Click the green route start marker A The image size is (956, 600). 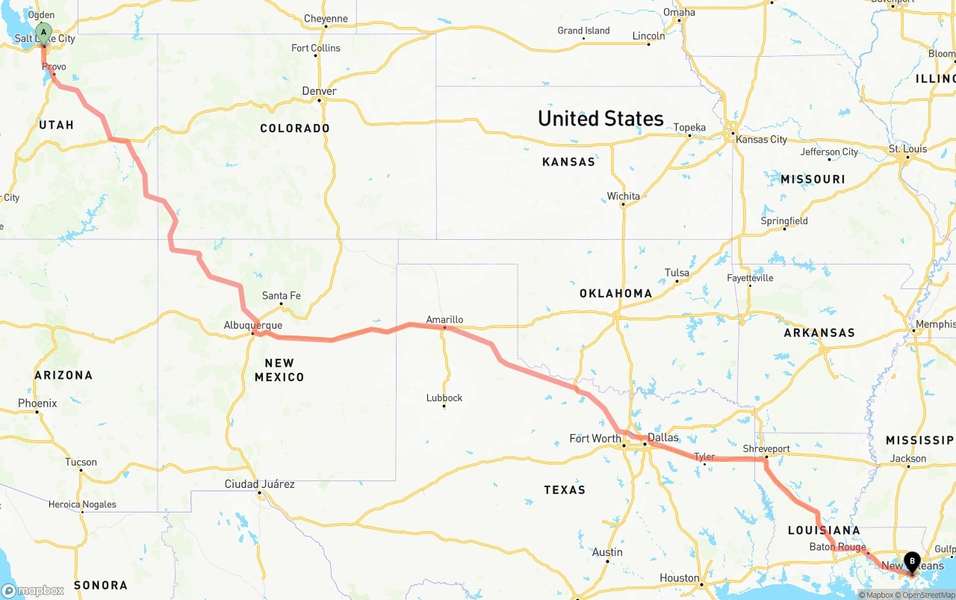(x=44, y=33)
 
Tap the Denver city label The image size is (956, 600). (x=319, y=91)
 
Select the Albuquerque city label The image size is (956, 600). (x=253, y=326)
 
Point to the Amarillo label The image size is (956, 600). (x=444, y=320)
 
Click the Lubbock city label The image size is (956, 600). (x=444, y=398)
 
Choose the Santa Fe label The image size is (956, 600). (x=282, y=296)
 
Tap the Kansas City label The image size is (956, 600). (x=761, y=140)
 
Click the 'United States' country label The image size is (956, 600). (x=600, y=119)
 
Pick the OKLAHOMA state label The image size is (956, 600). (x=615, y=294)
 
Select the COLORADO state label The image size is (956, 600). (x=295, y=129)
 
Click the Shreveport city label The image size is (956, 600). (x=766, y=448)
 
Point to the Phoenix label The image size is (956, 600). (x=37, y=403)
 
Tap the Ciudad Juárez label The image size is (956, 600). (x=260, y=484)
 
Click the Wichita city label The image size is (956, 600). (x=623, y=197)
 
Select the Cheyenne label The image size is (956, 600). (x=326, y=19)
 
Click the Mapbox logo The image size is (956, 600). (x=33, y=590)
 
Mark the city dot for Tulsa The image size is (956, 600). (x=677, y=281)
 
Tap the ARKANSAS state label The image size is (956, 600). (x=819, y=333)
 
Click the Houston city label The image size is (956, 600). (x=679, y=578)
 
